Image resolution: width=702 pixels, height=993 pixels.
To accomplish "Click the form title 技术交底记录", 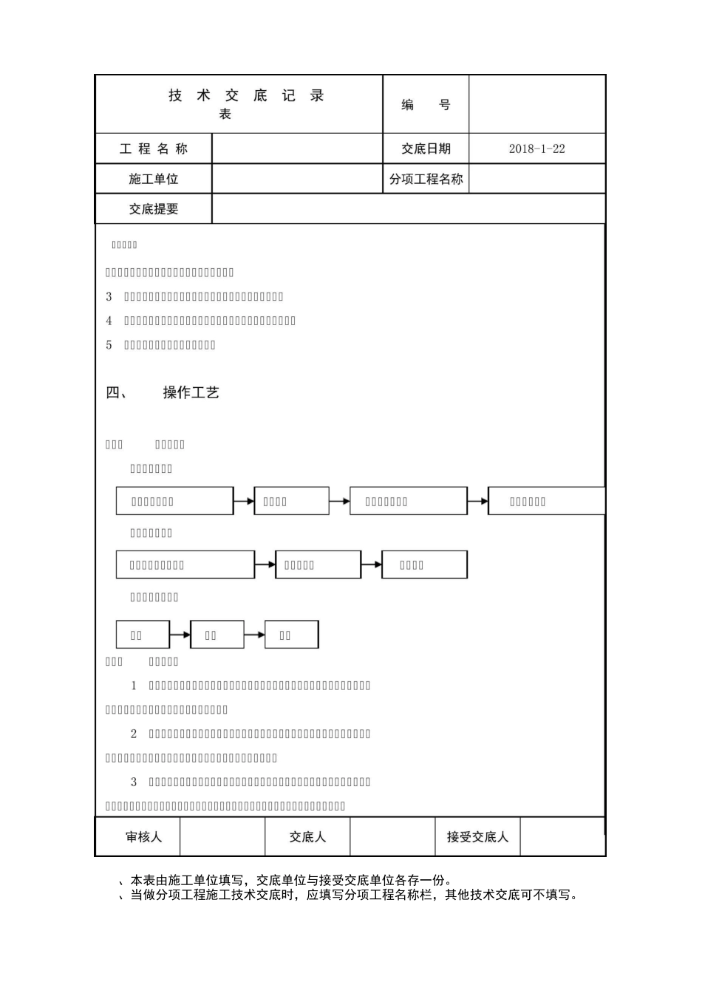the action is [246, 96].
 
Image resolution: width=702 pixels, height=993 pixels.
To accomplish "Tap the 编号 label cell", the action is [426, 105].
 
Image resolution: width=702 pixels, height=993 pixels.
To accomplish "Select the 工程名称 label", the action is [154, 149].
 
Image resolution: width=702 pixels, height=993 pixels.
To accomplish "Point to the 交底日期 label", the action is [426, 149].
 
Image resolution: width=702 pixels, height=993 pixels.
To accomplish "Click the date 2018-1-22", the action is [536, 149].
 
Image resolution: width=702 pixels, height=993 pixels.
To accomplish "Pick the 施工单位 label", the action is [154, 180].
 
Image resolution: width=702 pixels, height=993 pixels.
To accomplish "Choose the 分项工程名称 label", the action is [426, 180].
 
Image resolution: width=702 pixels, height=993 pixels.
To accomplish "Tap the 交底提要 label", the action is [154, 210].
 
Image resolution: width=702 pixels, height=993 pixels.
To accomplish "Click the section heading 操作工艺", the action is [191, 393].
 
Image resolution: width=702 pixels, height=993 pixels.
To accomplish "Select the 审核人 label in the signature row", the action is [143, 837].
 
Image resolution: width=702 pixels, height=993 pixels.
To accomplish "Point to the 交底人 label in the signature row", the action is [307, 837].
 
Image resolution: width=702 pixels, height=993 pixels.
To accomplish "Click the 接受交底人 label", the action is [477, 837].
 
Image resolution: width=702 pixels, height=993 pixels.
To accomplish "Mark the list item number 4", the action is [109, 321].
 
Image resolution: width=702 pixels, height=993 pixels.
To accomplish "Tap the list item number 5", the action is [109, 345].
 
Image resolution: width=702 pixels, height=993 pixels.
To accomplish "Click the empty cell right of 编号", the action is [537, 104].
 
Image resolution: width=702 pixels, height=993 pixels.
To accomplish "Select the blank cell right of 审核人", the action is [222, 837].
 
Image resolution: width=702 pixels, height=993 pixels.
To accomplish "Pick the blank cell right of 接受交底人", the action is [562, 837].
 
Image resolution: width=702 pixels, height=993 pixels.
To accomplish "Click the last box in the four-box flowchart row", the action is [545, 501].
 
